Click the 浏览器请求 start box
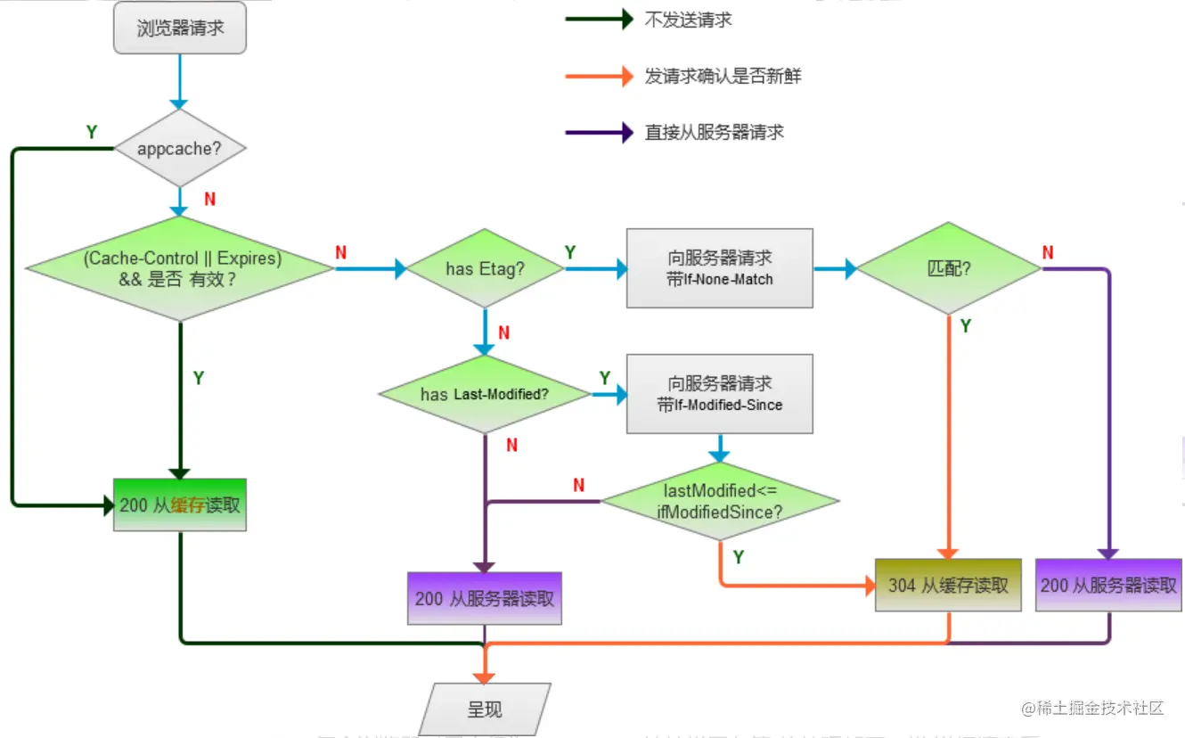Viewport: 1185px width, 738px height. coord(180,28)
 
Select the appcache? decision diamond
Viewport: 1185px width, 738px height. coord(180,148)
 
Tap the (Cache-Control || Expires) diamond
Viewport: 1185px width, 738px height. coord(180,267)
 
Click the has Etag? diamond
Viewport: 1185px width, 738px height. coord(485,268)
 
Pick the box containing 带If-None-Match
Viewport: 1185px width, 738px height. coord(719,268)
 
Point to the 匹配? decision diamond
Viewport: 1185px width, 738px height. coord(948,268)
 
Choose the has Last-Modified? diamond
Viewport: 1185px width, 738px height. coord(485,394)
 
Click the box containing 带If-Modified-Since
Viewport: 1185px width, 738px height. coord(719,394)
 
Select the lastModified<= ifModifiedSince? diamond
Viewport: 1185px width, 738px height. coord(721,502)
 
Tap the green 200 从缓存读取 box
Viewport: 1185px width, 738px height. coord(180,504)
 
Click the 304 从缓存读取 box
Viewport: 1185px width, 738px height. coord(948,585)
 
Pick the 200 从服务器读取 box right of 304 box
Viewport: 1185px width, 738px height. coord(1108,585)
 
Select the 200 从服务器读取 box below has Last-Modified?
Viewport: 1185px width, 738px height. coord(485,597)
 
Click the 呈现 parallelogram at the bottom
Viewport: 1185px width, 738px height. coord(485,709)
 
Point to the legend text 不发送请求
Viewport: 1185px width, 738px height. coord(688,20)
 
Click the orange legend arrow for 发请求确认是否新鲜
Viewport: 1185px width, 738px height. coord(599,77)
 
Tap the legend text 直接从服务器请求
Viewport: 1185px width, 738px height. coord(714,133)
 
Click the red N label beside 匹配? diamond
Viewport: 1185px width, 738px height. coord(1048,252)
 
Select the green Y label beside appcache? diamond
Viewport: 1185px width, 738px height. coord(91,132)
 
